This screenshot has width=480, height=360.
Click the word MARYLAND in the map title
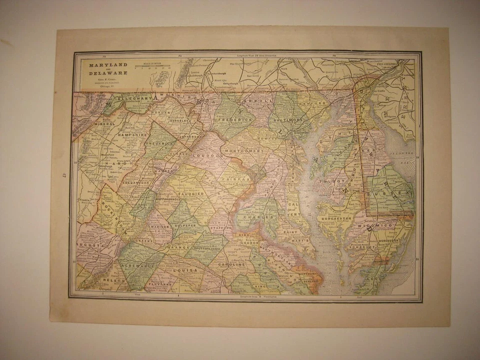click(x=101, y=65)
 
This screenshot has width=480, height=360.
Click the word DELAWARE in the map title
click(x=101, y=73)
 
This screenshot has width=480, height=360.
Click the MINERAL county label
click(x=103, y=123)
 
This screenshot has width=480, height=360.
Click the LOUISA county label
click(x=185, y=270)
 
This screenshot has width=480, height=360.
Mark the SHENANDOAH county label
click(x=136, y=182)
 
